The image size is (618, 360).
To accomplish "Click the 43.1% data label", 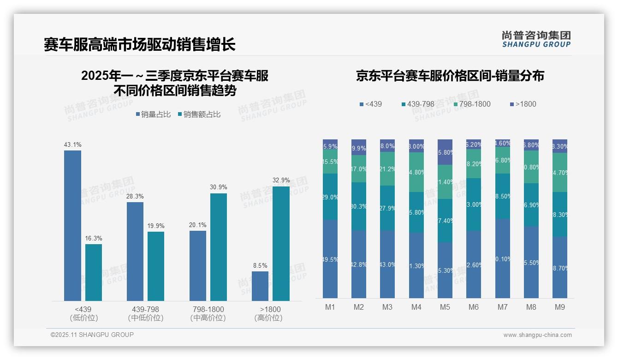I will point(72,144).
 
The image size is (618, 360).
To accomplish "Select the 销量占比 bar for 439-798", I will point(135,252).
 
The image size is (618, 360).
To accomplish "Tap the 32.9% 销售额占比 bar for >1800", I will point(281,244).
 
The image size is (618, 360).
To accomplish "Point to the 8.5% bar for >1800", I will point(260,286).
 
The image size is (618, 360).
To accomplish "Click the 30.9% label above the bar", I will point(218,187).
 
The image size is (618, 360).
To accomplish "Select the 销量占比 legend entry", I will point(153,114).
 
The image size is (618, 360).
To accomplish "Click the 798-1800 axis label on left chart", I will point(208,309).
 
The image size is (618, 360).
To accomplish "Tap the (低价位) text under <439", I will point(83,318).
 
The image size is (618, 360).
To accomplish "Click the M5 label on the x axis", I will point(445,307).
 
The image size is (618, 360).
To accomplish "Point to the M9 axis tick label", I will point(560,307).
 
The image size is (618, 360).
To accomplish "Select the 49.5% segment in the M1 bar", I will point(330,259).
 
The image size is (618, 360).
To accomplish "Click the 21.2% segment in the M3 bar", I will point(387,169).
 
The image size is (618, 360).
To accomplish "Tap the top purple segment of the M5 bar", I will point(445,152).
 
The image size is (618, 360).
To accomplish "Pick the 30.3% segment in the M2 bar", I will point(359,206).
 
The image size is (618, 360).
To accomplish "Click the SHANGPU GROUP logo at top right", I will point(536,39).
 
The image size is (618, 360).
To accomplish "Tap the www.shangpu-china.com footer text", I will point(537,335).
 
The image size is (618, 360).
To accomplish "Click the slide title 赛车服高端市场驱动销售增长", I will point(140,44).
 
